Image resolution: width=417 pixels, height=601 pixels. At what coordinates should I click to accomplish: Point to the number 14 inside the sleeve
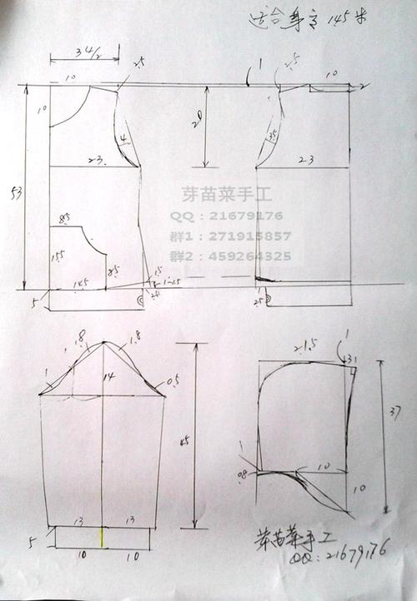coord(108,377)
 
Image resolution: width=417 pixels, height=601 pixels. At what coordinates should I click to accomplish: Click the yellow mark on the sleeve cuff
coord(103,537)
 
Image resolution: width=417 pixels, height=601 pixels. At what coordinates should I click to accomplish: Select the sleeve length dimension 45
coord(183,440)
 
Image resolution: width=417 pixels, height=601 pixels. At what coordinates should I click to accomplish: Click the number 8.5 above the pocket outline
coord(64,218)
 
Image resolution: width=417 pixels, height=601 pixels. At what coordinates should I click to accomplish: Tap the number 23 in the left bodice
coord(93,157)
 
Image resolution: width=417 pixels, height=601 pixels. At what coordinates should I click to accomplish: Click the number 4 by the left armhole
coord(123,137)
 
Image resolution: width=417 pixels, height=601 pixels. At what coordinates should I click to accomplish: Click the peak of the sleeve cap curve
coord(103,341)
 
